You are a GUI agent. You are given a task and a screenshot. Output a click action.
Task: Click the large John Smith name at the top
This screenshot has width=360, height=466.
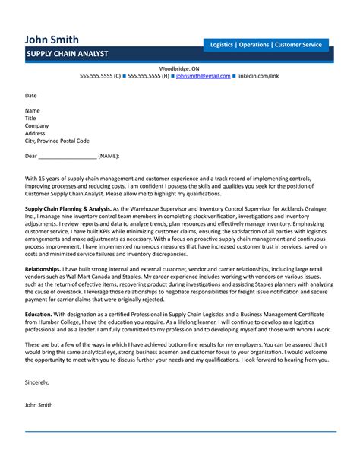click(x=51, y=39)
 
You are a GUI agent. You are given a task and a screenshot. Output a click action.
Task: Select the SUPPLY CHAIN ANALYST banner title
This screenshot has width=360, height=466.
click(x=67, y=55)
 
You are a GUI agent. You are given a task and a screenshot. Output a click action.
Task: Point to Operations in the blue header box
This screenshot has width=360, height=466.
click(x=254, y=45)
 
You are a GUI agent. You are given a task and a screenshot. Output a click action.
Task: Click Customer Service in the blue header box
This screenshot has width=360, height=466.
click(x=298, y=45)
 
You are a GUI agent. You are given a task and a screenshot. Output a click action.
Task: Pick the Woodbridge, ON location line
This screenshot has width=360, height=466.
click(x=179, y=68)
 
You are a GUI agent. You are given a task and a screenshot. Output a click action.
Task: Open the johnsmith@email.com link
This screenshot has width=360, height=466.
click(x=203, y=77)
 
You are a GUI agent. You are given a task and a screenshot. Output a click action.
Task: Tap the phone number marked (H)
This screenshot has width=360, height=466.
click(x=148, y=77)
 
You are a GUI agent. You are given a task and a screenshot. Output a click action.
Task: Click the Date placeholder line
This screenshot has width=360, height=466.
click(x=31, y=96)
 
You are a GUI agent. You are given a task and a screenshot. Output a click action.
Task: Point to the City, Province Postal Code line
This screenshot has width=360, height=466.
click(x=57, y=141)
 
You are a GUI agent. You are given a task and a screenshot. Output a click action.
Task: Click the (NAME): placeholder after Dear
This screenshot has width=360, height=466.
click(x=109, y=156)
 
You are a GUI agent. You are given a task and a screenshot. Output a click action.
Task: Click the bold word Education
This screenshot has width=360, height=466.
click(x=39, y=313)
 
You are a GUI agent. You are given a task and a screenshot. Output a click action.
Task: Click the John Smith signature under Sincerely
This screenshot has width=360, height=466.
click(x=39, y=405)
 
